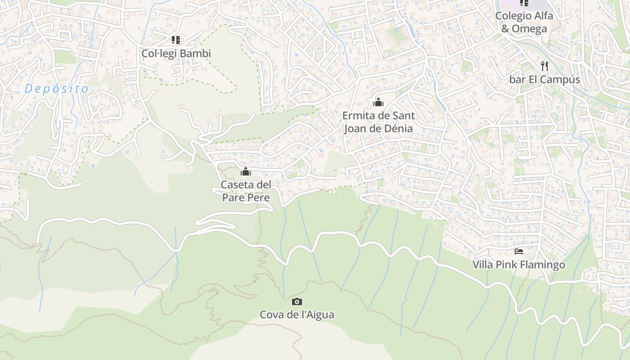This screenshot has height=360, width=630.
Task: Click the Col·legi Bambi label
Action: point(176,54)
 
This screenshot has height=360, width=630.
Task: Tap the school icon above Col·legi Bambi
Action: point(176,40)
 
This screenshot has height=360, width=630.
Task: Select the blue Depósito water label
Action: point(57,89)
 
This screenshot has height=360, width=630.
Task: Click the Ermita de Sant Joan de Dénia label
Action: point(378,122)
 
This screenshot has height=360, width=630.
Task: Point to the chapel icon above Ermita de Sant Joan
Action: point(378,102)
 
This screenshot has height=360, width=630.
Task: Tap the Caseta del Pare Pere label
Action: point(246,191)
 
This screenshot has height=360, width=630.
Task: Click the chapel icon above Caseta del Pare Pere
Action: point(246,171)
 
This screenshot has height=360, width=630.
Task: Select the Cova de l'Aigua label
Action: point(297,315)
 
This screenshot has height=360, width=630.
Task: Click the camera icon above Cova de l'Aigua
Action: point(297,301)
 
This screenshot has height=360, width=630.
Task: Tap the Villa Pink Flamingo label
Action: point(518,265)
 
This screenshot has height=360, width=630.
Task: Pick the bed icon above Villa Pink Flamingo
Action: point(519,252)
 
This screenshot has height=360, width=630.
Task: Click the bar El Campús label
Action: point(544,80)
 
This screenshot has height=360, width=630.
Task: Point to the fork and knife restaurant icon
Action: point(544,66)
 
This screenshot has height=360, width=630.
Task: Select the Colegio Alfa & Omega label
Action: point(524,22)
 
